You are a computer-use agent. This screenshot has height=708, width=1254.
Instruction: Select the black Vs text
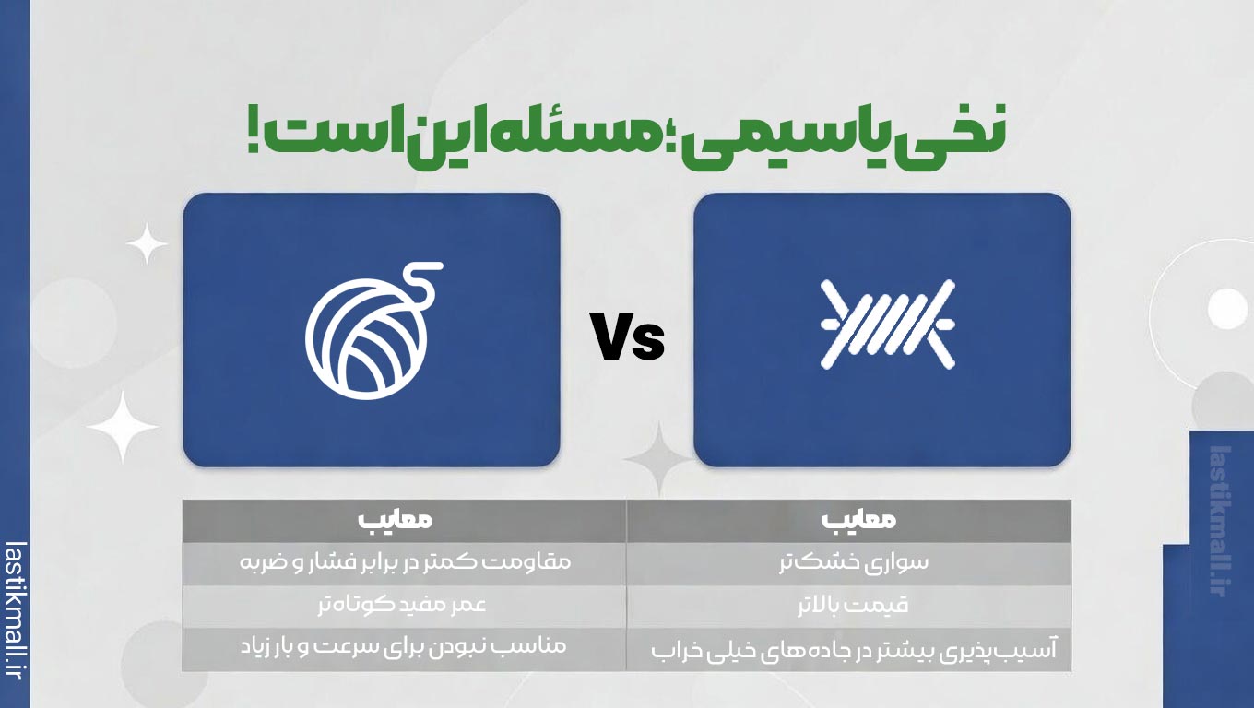point(627,337)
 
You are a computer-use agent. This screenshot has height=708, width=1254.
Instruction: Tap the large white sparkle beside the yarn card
point(123,427)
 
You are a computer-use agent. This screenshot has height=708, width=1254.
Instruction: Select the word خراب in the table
point(672,650)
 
